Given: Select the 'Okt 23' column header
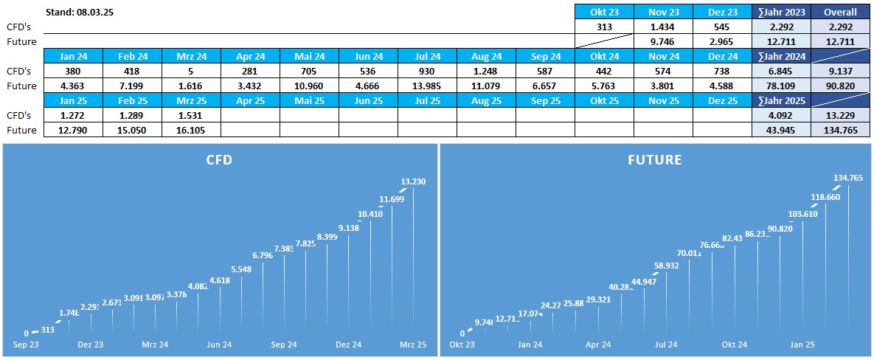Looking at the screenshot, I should click(604, 12).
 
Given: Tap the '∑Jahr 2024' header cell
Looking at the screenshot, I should click(780, 56).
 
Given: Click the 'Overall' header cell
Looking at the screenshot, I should click(840, 12).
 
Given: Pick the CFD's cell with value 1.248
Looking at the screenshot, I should click(486, 71).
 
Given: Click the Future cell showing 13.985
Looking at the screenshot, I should click(427, 86).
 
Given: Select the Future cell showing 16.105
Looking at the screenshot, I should click(191, 130).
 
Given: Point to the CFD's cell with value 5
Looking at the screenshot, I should click(191, 71).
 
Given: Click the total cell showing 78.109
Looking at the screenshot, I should click(780, 86).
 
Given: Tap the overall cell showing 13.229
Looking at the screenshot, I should click(840, 115).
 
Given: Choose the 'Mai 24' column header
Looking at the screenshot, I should click(309, 56).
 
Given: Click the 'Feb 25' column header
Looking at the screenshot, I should click(132, 100).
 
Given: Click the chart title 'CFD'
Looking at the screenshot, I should click(218, 159).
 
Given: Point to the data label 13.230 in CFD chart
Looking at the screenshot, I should click(412, 181).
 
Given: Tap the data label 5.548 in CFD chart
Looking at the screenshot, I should click(241, 269).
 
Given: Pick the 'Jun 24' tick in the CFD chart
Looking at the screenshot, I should click(220, 345).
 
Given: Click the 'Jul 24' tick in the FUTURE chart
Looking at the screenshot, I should click(666, 345).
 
